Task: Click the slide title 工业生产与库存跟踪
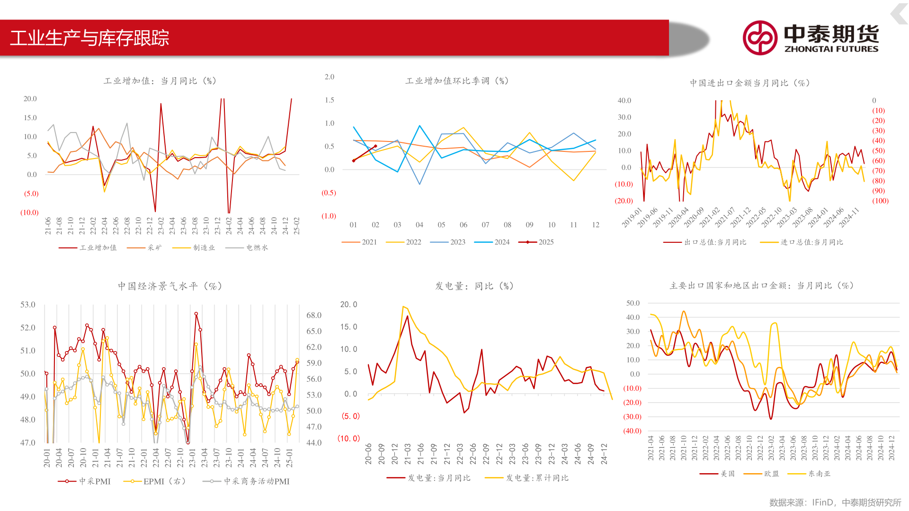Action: pos(89,38)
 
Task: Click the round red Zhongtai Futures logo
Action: pos(760,38)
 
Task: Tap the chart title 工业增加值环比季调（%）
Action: pos(457,81)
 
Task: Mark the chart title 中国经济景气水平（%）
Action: pos(170,286)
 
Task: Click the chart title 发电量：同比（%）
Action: pos(474,286)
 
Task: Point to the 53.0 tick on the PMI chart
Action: pos(27,305)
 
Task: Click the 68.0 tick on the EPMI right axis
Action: pos(314,315)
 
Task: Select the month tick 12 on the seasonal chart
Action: pos(596,225)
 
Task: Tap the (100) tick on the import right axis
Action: pos(880,201)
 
